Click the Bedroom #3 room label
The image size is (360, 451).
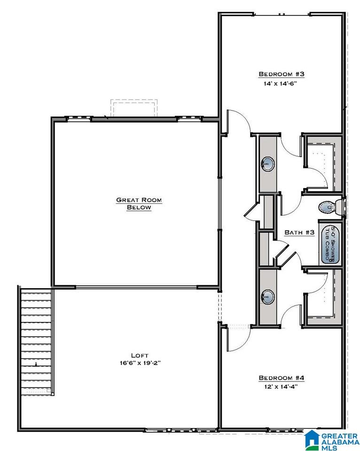coord(281,74)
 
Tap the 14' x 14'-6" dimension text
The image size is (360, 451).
coord(280,84)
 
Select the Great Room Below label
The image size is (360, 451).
coord(139,203)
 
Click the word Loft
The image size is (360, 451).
coord(140,356)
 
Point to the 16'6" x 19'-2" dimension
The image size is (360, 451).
coord(140,363)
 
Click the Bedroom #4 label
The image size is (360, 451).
coord(281,378)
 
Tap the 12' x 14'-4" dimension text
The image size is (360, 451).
coord(281,387)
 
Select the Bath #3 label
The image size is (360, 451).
coord(299,233)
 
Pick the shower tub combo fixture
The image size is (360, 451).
coord(330,244)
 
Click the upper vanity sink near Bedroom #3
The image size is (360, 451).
coord(267,164)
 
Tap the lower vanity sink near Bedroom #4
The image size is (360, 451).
coord(267,296)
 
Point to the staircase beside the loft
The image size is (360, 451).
coord(36,341)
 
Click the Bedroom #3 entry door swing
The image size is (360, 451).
coord(238,123)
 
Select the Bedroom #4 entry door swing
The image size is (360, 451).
coord(238,339)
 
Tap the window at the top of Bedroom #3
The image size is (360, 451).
coord(282,14)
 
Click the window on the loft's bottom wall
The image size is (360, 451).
coord(181,430)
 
